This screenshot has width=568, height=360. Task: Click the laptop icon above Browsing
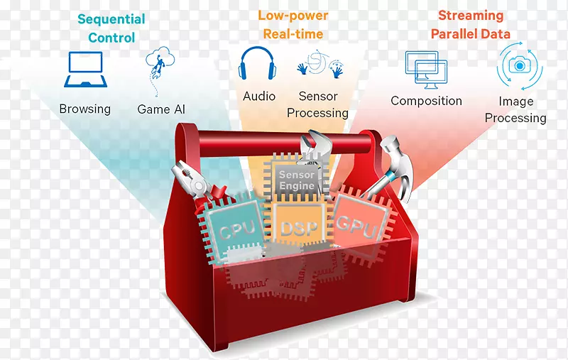pos(85,70)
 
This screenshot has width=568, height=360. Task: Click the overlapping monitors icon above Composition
pos(426,70)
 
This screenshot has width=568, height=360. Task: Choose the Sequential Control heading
pos(111,28)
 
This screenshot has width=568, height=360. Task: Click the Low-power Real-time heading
pos(293,25)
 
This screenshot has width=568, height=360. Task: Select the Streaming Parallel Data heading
pos(471,25)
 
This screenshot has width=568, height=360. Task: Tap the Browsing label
pos(85,109)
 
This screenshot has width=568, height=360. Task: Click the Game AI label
pos(161,109)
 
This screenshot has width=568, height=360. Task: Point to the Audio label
pos(259,97)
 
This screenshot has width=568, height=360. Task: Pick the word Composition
pos(427,101)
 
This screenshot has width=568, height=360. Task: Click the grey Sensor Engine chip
pos(297,178)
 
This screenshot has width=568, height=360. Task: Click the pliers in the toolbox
pos(196,185)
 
